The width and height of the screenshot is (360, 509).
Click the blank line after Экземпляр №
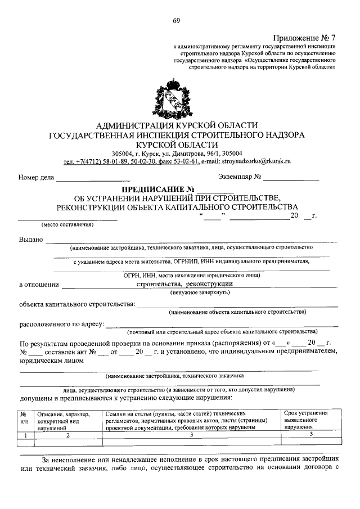(x=291, y=178)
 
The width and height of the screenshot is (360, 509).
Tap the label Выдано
(x=31, y=240)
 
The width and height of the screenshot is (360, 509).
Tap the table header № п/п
(x=25, y=417)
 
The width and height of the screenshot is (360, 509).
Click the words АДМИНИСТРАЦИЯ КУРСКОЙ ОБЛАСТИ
(x=177, y=125)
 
